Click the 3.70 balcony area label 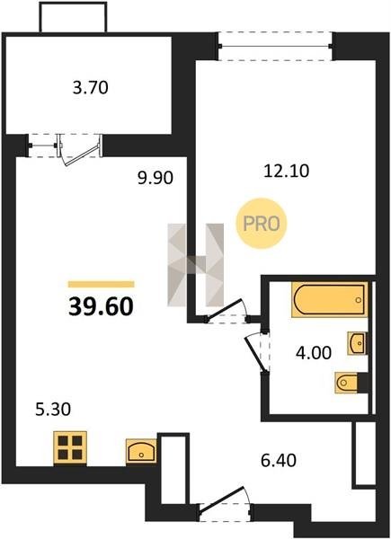(x=91, y=88)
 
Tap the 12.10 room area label (x=287, y=171)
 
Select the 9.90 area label (x=156, y=178)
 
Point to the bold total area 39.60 (x=101, y=306)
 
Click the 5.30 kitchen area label (x=53, y=410)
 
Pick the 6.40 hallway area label (x=279, y=460)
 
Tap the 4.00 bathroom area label (x=314, y=353)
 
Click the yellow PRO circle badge (x=262, y=224)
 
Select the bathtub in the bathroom (x=330, y=299)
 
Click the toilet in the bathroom (x=348, y=383)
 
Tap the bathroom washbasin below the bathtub (x=357, y=343)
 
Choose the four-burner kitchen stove (x=70, y=448)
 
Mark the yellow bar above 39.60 (x=101, y=284)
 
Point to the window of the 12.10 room (x=275, y=46)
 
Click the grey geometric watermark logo (x=195, y=265)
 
